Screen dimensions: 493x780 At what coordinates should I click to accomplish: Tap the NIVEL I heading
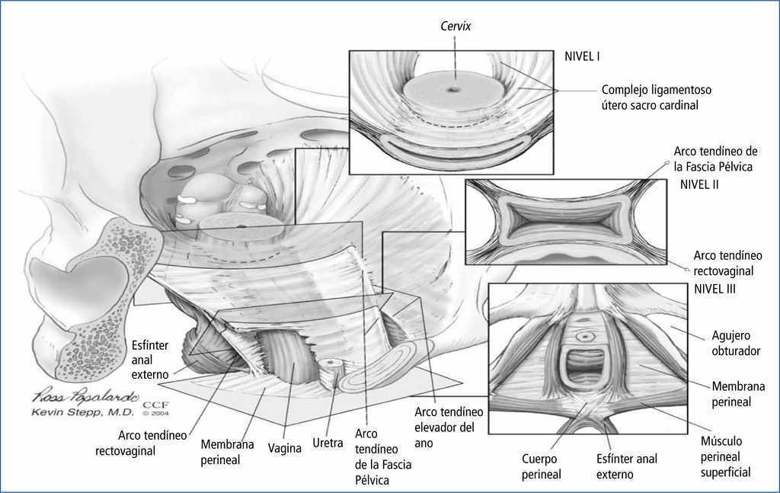[584, 56]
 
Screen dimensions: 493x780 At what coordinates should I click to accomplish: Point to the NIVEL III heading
[714, 290]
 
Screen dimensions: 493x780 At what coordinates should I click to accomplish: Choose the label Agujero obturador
[736, 344]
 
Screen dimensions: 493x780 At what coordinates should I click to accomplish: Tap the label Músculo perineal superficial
[732, 456]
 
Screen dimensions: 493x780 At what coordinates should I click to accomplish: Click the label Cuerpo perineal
[542, 466]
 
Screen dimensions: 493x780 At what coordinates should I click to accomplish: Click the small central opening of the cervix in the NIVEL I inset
[454, 90]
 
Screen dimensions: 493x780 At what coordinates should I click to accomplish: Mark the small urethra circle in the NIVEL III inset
[584, 335]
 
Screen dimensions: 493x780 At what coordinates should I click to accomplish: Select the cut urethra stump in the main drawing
[332, 365]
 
